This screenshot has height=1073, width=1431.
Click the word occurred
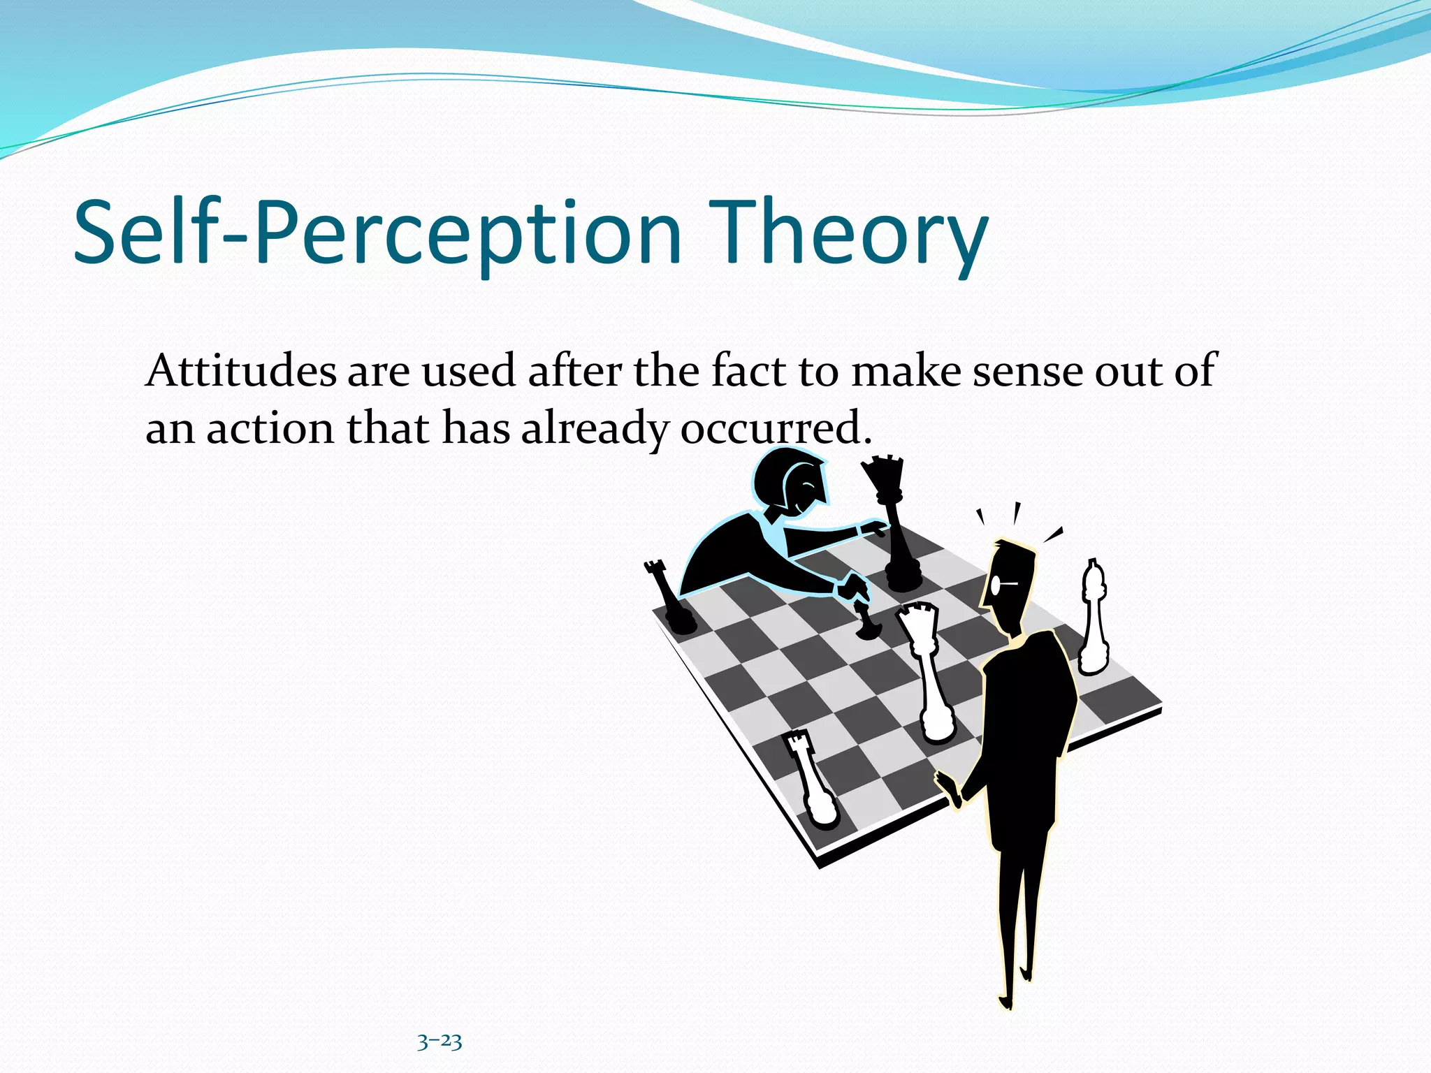click(776, 428)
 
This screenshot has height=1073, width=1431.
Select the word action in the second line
click(270, 428)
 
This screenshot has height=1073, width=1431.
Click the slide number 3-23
click(440, 1042)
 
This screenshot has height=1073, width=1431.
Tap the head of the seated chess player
click(786, 482)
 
